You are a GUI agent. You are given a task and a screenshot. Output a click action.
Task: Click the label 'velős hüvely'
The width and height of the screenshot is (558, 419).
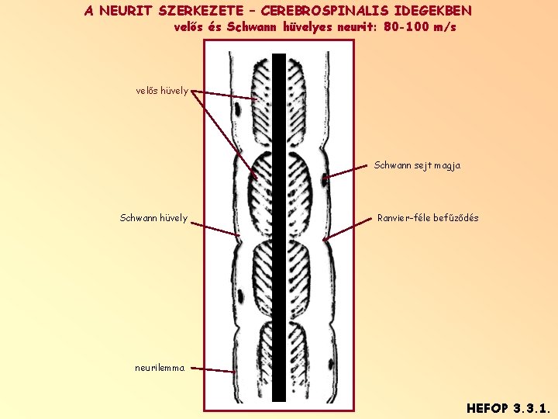pos(162,90)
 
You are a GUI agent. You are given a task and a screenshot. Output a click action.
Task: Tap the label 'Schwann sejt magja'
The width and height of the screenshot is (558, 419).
pos(417,165)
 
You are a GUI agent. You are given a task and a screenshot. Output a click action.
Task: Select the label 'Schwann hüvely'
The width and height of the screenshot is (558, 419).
pos(153,218)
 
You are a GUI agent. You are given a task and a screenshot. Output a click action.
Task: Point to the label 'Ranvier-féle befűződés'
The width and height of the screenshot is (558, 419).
pos(428,218)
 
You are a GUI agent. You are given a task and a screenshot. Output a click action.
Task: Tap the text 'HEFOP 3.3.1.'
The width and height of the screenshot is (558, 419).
pos(508,407)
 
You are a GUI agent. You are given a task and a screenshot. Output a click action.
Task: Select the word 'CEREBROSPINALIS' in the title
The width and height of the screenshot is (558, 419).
pos(326,12)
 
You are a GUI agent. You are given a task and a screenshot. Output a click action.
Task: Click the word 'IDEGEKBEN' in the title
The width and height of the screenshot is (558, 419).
pos(432,12)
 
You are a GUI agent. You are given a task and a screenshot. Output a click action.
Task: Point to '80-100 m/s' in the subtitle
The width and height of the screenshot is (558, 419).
pos(420,27)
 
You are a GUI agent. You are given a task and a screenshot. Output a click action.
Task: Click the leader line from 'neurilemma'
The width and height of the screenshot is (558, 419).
pos(211,370)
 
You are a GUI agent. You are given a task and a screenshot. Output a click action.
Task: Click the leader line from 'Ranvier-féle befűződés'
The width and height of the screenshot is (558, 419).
pos(349,227)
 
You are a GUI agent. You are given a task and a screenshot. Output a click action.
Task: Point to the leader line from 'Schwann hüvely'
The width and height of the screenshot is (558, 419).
pos(215,229)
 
